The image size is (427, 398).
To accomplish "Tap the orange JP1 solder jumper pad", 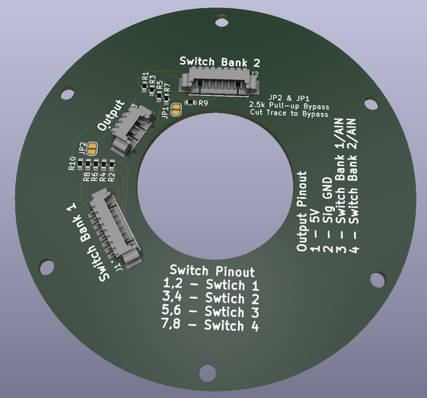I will (x=176, y=110).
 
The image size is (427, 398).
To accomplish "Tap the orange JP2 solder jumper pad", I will (x=92, y=148).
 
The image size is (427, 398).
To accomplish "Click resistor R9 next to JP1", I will (x=190, y=103).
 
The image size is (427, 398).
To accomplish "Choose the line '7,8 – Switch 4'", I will (x=211, y=326).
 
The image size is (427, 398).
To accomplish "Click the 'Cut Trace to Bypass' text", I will (x=288, y=114).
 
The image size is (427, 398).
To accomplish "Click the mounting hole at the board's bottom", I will (x=210, y=374).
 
